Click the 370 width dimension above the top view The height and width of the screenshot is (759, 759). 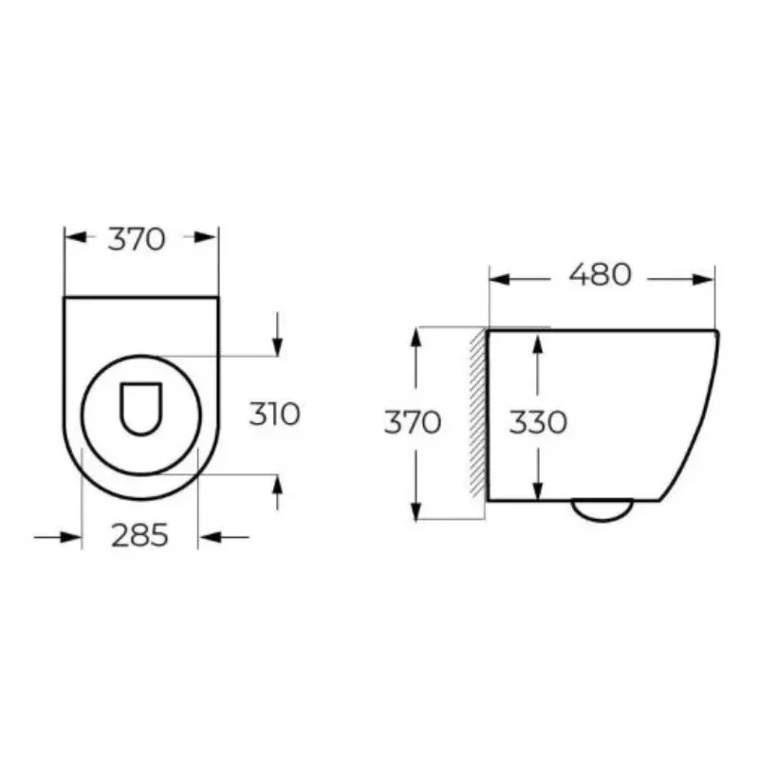[137, 239]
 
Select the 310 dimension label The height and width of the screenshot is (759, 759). [274, 415]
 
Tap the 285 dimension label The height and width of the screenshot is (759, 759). [139, 535]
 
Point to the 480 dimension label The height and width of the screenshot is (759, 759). [600, 274]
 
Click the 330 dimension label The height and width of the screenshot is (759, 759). [538, 422]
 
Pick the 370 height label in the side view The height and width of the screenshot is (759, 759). [413, 422]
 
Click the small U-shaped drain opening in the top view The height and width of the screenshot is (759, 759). [140, 409]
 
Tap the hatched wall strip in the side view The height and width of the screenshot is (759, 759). [478, 413]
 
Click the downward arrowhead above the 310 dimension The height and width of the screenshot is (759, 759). [277, 347]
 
